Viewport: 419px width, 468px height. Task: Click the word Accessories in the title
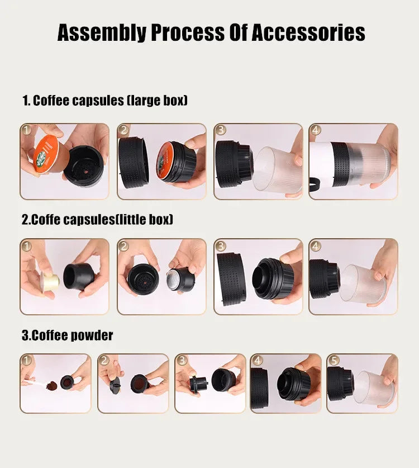click(308, 33)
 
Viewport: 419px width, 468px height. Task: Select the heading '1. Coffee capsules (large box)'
click(104, 101)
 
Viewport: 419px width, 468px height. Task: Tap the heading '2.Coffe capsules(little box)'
click(97, 220)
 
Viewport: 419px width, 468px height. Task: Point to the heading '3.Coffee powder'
click(67, 335)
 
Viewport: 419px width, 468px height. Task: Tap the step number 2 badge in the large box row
click(124, 130)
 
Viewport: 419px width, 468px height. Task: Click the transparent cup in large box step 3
click(277, 170)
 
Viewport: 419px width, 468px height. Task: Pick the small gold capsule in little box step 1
click(50, 281)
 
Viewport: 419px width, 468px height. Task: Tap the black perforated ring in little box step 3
click(231, 278)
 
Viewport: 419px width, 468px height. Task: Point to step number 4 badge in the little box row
click(316, 246)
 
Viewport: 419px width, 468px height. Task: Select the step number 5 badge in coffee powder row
click(334, 361)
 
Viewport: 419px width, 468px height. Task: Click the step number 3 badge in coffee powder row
click(182, 361)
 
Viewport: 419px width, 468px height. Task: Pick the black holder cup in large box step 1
click(83, 165)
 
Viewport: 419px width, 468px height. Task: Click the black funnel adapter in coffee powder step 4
click(293, 384)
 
